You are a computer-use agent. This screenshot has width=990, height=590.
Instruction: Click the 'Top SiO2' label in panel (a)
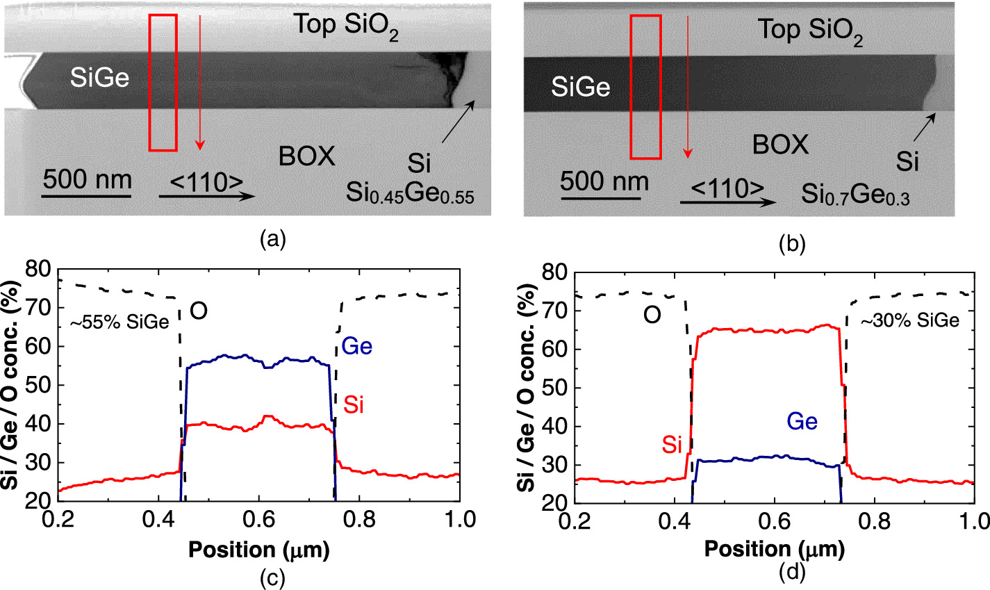click(346, 26)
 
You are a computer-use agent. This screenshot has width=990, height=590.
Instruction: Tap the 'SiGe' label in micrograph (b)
click(581, 87)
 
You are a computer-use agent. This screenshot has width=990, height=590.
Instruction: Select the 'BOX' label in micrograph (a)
click(307, 156)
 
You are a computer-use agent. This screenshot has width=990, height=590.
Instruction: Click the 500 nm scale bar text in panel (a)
click(87, 180)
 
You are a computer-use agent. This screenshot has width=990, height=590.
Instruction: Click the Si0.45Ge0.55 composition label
click(410, 195)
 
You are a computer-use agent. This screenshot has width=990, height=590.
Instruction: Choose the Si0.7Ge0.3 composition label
click(855, 196)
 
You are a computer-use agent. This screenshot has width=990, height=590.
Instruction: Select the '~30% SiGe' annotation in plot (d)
click(910, 320)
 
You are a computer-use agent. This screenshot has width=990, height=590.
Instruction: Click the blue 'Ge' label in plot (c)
click(356, 345)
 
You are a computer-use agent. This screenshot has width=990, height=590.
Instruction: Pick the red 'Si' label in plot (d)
click(671, 444)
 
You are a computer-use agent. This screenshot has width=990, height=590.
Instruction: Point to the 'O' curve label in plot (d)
click(651, 316)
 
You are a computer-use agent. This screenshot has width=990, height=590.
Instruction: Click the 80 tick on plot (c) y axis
click(38, 268)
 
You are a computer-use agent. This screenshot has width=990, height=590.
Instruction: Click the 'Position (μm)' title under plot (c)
click(258, 550)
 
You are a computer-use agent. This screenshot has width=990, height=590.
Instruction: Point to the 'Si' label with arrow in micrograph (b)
click(907, 161)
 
